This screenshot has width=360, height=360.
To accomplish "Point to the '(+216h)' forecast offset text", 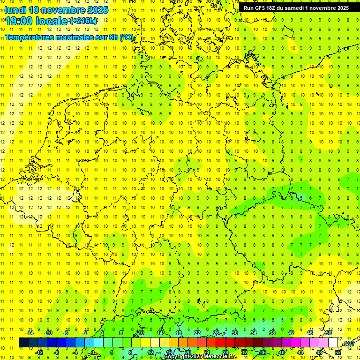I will [83, 21].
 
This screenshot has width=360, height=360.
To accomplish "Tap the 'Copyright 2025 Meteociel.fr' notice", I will [200, 357].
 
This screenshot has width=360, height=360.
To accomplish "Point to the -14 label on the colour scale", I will [29, 333].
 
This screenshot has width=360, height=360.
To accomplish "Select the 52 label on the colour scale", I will [338, 352].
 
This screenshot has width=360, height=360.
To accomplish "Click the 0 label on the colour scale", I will [93, 352].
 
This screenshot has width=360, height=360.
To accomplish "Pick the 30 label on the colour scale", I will [234, 333].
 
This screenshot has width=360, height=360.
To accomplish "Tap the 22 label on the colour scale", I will [197, 333].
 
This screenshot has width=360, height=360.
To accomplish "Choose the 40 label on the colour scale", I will [282, 352].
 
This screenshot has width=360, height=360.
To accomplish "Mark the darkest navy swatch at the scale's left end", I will [23, 343].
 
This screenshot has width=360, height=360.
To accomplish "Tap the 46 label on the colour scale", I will [309, 333].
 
